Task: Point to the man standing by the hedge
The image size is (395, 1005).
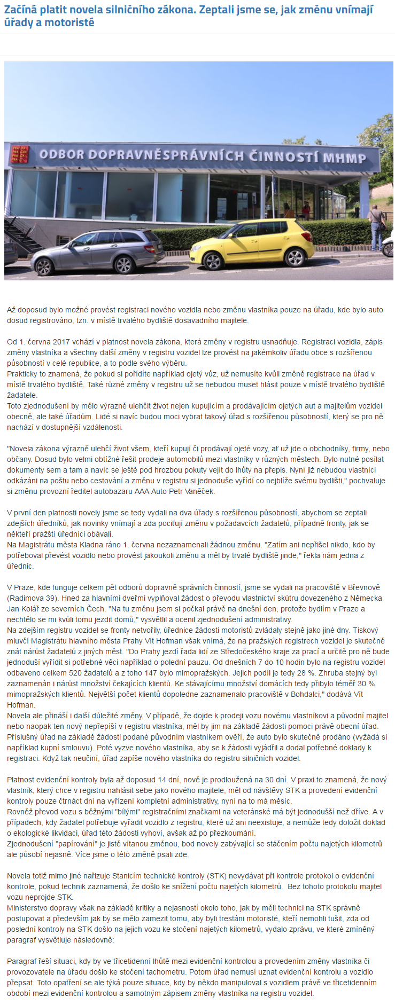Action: pos(377,224)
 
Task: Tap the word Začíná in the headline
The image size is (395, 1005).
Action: pos(21,10)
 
